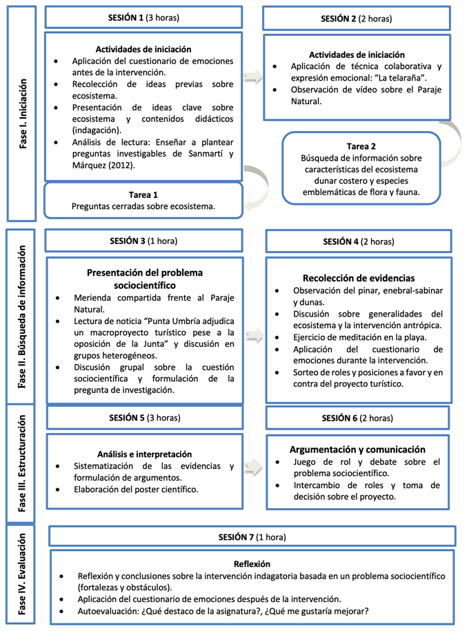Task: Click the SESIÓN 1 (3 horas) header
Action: point(143,17)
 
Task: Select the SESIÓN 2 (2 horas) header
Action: point(356,19)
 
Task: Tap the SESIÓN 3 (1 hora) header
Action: point(143,241)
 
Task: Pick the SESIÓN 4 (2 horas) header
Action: point(359,241)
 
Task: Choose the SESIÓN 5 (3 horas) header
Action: point(143,417)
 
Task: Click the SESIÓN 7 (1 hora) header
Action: point(252,537)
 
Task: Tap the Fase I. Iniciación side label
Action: point(23,114)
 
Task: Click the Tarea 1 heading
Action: point(143,194)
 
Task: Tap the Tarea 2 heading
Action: point(361,146)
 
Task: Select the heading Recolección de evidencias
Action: point(359,278)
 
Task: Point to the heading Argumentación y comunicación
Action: point(359,448)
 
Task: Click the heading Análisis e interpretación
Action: point(144,454)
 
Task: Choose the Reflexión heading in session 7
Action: point(252,563)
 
